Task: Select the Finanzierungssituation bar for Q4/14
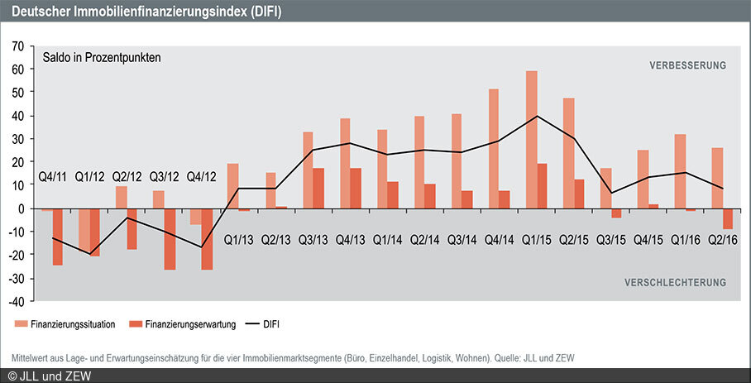click(494, 149)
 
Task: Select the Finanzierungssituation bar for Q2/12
click(121, 197)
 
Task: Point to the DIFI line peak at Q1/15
click(538, 116)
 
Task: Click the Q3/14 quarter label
click(461, 240)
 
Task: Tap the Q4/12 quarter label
click(202, 176)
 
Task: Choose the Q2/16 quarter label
click(722, 240)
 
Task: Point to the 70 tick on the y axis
click(18, 45)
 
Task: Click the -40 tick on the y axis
click(16, 301)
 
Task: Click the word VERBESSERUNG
click(687, 65)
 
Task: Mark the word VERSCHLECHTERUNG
click(675, 282)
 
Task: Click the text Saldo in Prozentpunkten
click(102, 58)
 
